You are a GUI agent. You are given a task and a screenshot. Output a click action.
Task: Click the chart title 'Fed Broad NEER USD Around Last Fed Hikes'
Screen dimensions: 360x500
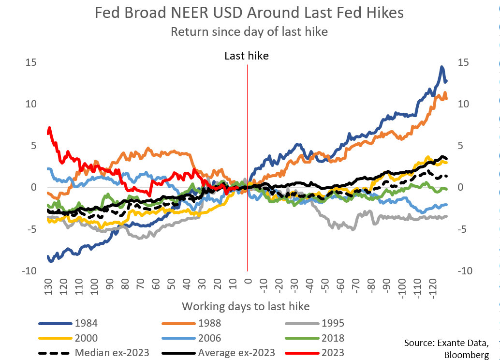(249, 13)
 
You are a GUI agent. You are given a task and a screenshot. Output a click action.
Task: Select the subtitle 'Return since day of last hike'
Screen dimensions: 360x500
(249, 32)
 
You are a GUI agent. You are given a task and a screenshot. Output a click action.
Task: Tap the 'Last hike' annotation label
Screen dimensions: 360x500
(247, 56)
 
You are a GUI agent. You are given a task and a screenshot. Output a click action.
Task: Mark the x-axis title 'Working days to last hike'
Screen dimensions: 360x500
(246, 306)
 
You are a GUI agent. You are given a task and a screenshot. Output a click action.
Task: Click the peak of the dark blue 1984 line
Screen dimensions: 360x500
(442, 67)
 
